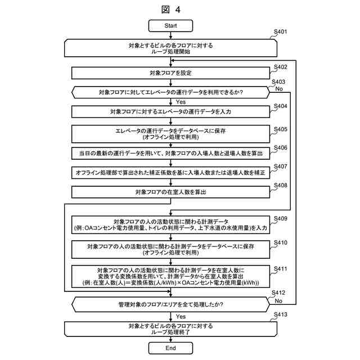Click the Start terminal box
(170, 26)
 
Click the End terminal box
(170, 348)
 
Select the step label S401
(280, 32)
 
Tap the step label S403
(278, 82)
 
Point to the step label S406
(280, 147)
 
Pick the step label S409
(280, 218)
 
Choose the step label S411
(280, 269)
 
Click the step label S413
(280, 314)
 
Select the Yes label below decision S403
(181, 102)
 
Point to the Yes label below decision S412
(181, 317)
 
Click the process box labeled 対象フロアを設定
(170, 73)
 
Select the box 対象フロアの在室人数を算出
(170, 192)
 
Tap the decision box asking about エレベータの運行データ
(170, 91)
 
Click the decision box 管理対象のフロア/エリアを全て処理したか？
(170, 305)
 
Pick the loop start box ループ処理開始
(170, 47)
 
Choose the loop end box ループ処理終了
(170, 329)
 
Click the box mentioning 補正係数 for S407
(170, 173)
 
